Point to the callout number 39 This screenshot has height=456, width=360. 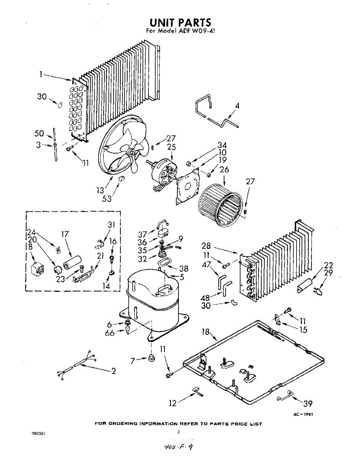(307, 404)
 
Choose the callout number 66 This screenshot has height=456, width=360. (110, 333)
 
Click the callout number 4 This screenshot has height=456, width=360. (237, 106)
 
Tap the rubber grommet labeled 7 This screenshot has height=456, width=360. (152, 357)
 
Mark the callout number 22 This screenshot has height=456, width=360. (328, 265)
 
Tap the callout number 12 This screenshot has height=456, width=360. (173, 403)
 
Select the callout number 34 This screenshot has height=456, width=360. (221, 145)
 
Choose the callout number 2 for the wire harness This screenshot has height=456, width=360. (113, 371)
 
